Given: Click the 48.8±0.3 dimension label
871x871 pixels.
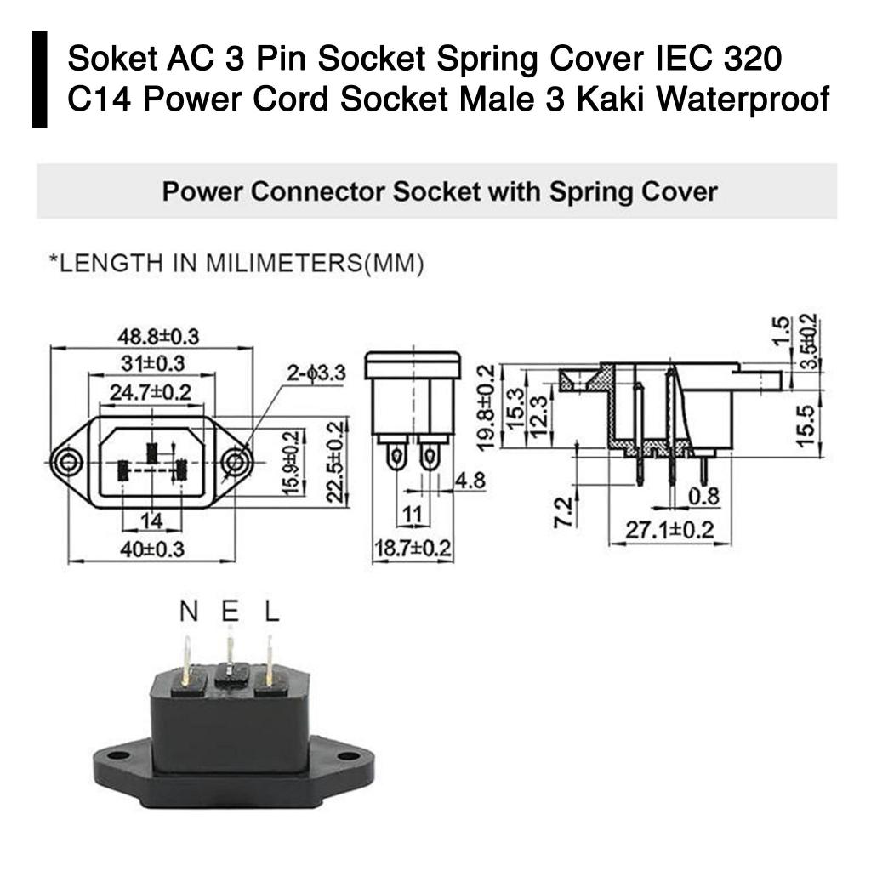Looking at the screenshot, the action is [x=158, y=336].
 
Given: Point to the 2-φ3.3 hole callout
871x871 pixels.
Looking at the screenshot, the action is [x=316, y=373].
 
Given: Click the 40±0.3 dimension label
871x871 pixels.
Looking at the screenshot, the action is [x=151, y=549].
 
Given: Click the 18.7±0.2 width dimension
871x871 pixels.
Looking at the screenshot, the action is [x=413, y=549].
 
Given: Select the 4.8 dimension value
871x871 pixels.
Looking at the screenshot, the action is [x=470, y=481].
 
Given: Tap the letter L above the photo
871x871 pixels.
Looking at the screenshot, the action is [x=271, y=611].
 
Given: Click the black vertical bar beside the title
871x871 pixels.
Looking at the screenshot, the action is [x=40, y=80].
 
